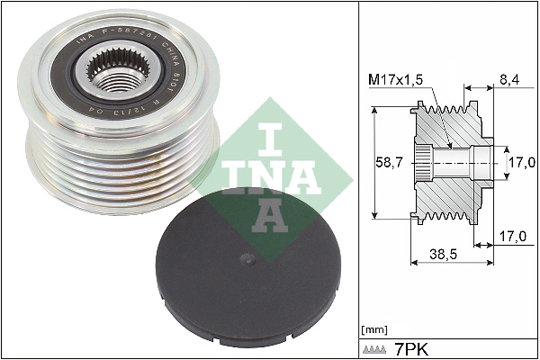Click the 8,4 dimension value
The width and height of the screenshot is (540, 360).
(509, 79)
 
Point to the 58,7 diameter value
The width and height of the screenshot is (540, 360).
(390, 163)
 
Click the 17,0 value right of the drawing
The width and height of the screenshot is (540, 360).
(520, 164)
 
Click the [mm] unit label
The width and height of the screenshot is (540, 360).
(372, 329)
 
